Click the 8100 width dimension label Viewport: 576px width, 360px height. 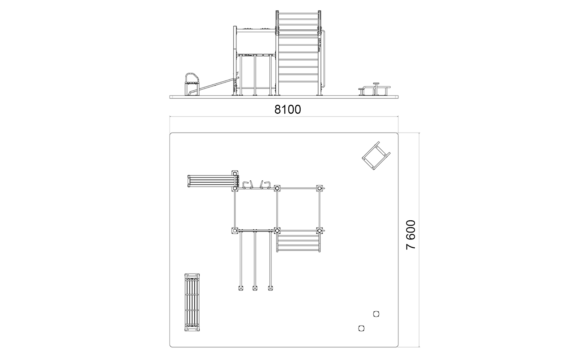(288, 109)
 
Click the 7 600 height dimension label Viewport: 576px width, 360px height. (411, 235)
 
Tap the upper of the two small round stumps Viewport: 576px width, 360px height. (376, 314)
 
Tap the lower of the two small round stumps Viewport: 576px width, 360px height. (361, 328)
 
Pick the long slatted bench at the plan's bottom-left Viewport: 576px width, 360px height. (192, 302)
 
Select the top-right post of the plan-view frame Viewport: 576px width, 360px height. (319, 189)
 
